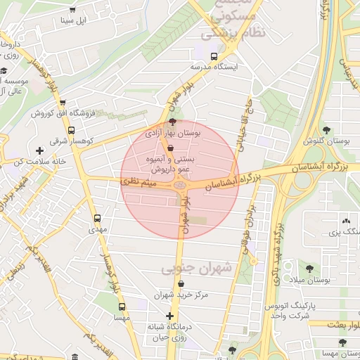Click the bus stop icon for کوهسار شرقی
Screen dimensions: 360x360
coord(71,130)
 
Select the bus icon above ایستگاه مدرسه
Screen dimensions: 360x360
coord(214,56)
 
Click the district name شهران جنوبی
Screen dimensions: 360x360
coord(190,269)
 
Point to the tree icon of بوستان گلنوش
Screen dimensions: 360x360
coord(326,129)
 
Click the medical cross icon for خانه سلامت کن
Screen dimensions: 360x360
coord(39,150)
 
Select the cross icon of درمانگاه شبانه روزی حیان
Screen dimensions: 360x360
coord(169,316)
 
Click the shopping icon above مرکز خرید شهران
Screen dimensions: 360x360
coord(182,284)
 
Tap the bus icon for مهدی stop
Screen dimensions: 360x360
coord(96,218)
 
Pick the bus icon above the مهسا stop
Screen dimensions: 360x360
coord(122,307)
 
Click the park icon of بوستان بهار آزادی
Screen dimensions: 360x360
coord(173,122)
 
